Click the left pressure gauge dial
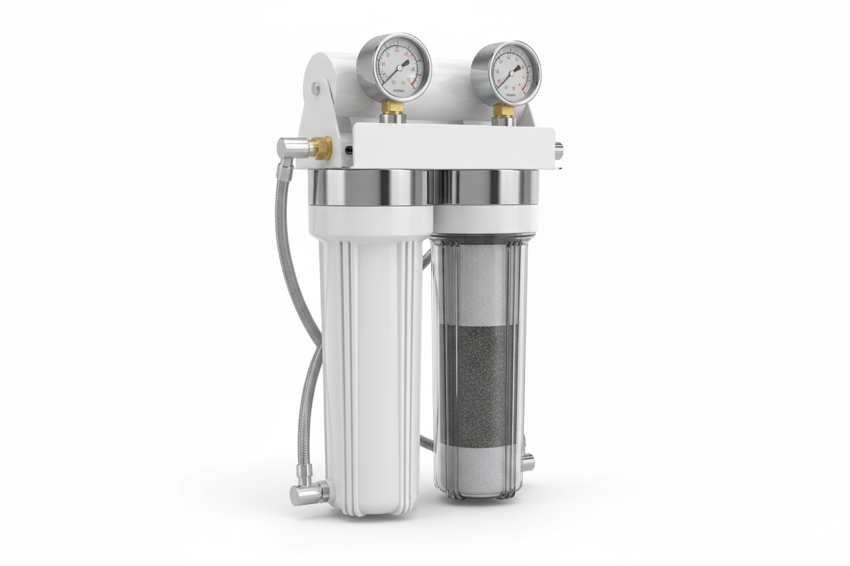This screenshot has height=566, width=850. [x=394, y=67]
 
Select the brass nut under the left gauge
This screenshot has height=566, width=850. [x=392, y=107]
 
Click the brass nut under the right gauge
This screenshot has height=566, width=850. [x=503, y=110]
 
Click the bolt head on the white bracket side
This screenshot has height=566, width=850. [x=315, y=88]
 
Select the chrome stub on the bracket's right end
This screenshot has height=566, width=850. [x=558, y=150]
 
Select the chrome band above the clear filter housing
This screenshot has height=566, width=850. [x=485, y=187]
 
